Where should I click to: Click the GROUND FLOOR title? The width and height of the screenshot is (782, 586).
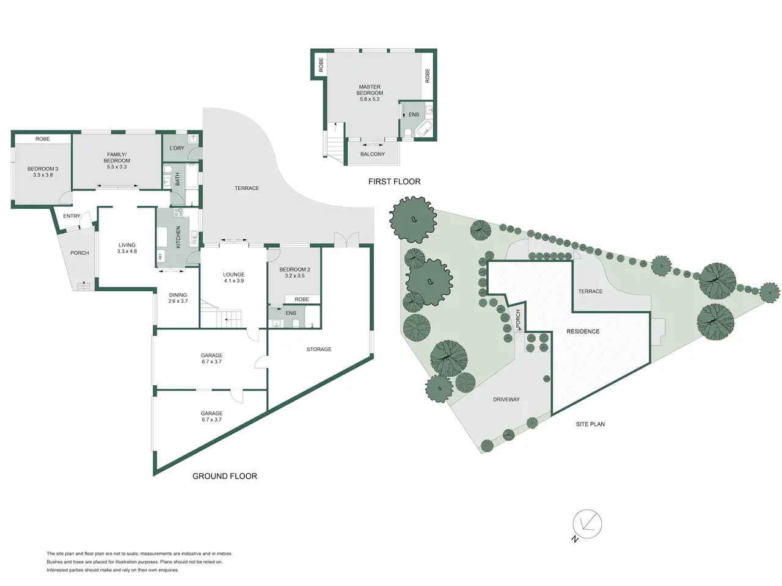pos(224,476)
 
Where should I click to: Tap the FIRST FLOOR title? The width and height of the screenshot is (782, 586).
pos(394,181)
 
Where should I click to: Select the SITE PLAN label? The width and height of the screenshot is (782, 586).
pos(590,424)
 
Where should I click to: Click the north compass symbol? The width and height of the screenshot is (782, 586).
pos(586,524)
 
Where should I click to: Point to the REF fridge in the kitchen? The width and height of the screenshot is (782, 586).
pos(161,256)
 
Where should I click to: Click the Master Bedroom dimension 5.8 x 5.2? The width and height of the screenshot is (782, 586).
pos(370,99)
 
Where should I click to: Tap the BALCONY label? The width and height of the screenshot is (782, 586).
pos(372,154)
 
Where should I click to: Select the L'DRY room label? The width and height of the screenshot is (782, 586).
pos(177,148)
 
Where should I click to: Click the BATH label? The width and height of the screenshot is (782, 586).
pos(177,179)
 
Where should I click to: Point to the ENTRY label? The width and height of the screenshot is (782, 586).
pos(71,216)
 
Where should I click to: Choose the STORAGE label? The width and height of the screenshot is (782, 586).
pos(319,349)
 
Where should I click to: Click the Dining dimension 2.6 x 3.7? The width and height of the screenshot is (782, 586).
pos(178,301)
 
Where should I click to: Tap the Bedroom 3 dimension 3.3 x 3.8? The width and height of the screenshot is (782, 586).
pos(43,175)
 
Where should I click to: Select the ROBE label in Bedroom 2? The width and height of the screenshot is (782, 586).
pos(302,299)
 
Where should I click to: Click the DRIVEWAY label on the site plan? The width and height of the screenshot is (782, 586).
pos(506,400)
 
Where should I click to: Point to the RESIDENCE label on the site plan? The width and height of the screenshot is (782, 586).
pos(583,331)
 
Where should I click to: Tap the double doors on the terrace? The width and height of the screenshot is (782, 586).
pos(346,239)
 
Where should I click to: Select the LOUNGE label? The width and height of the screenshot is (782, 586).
pos(234,275)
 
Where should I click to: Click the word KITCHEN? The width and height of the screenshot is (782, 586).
pos(178,237)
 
